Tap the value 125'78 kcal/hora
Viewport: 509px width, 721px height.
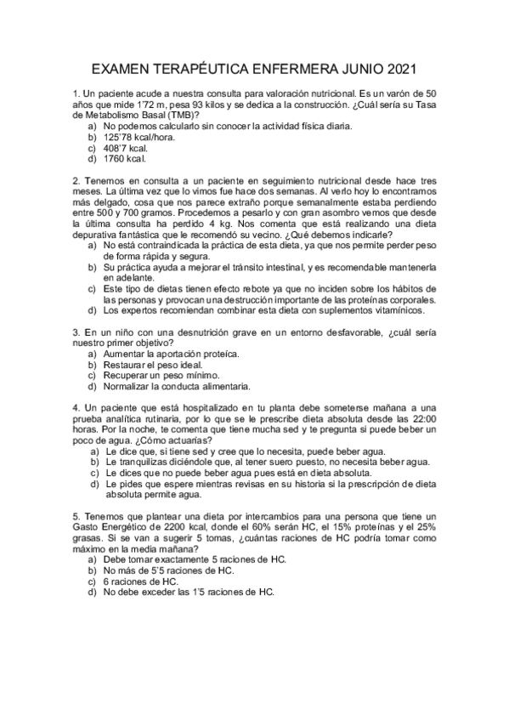140,136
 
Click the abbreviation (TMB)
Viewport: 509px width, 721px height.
184,115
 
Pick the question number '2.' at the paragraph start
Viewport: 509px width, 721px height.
76,181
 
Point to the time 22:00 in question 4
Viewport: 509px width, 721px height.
423,419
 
